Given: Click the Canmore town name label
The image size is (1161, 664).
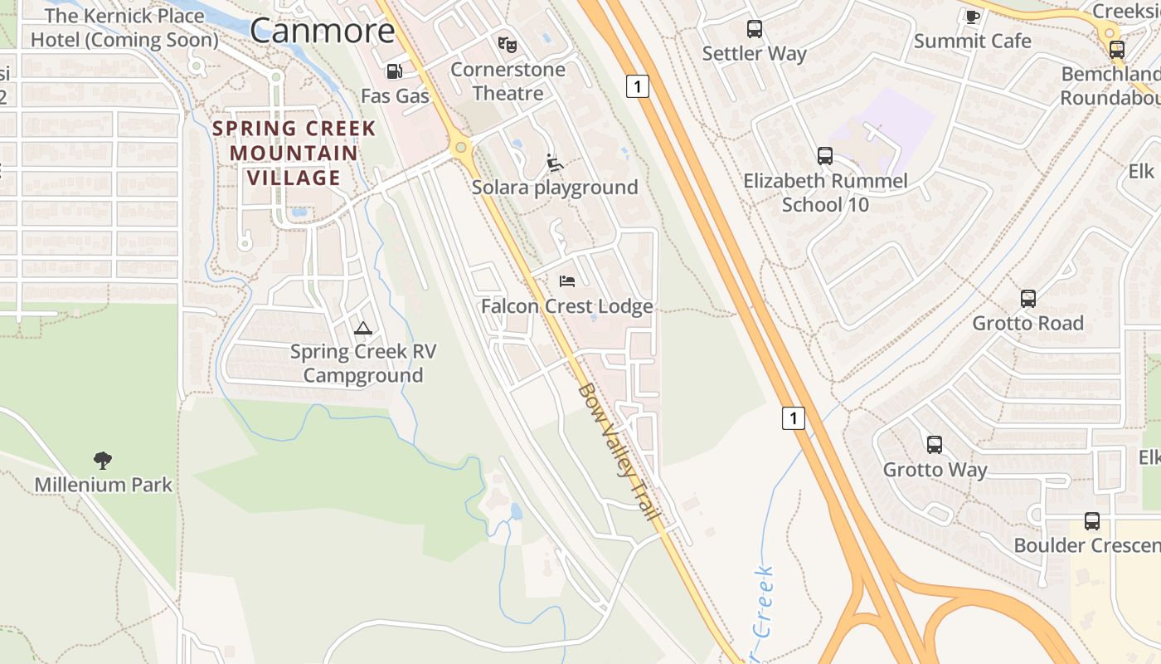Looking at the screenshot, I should [x=322, y=31].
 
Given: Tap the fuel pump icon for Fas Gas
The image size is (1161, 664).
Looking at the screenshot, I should [x=395, y=72].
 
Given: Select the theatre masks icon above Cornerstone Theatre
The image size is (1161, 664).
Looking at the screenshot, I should [x=507, y=44].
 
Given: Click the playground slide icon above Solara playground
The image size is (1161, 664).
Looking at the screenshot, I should [x=555, y=163].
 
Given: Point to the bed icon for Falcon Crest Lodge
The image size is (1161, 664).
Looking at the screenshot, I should [x=567, y=281].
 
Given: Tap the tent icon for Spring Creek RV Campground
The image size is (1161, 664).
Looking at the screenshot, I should [x=362, y=328].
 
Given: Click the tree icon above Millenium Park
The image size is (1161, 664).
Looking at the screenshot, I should [x=103, y=460].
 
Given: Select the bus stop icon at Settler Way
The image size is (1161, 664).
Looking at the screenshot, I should [x=754, y=29].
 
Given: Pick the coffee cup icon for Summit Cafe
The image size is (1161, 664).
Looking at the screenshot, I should [x=973, y=17].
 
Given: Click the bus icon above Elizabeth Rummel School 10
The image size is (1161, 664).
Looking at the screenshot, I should [x=824, y=156].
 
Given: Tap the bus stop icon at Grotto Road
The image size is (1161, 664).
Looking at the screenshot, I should [x=1028, y=299].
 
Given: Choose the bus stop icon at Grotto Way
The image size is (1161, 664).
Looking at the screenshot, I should [x=935, y=445].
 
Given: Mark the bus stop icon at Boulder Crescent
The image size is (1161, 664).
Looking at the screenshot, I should [x=1092, y=521].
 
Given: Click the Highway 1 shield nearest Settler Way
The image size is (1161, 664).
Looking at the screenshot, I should [x=637, y=85].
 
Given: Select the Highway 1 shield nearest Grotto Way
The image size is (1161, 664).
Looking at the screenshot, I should [x=794, y=418].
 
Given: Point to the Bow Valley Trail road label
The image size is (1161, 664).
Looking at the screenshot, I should [x=619, y=452].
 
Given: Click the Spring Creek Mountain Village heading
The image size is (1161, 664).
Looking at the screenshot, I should [x=294, y=153].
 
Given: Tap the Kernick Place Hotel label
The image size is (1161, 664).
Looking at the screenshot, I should [x=124, y=27].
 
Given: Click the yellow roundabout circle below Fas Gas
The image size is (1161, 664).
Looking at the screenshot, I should [x=460, y=148].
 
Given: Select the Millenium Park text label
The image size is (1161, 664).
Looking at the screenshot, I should [x=104, y=485].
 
